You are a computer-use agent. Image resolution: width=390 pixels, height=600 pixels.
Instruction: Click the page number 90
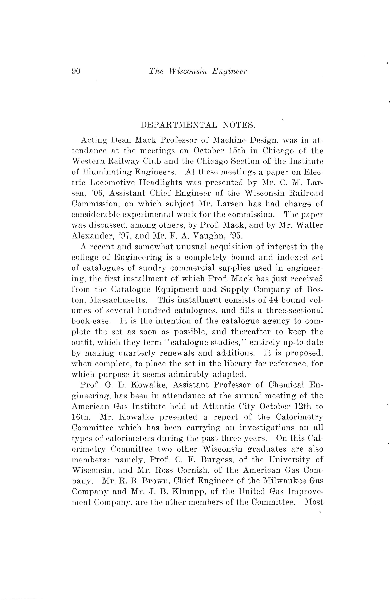[76, 71]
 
